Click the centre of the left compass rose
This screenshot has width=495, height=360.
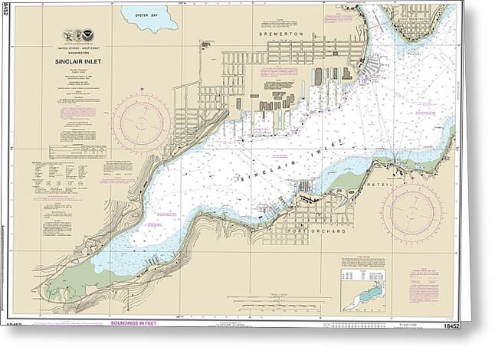point(141,123)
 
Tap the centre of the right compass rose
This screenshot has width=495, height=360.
point(411,213)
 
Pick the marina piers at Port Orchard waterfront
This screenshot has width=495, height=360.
point(304,187)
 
